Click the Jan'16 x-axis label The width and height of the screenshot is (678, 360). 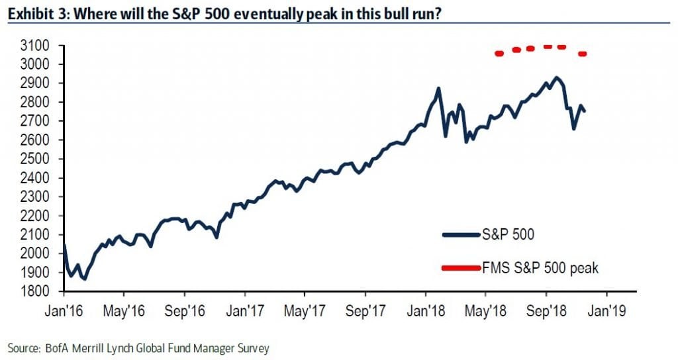(65, 310)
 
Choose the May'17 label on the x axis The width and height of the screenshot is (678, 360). (307, 310)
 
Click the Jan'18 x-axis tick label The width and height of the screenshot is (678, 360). (428, 310)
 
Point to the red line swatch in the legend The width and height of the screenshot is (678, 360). (463, 268)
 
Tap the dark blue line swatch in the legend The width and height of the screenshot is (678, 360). (463, 234)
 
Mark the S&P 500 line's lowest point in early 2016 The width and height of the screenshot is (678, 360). (84, 279)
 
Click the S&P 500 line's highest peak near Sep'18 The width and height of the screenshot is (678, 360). (556, 77)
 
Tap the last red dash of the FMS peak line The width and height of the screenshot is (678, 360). (583, 54)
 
